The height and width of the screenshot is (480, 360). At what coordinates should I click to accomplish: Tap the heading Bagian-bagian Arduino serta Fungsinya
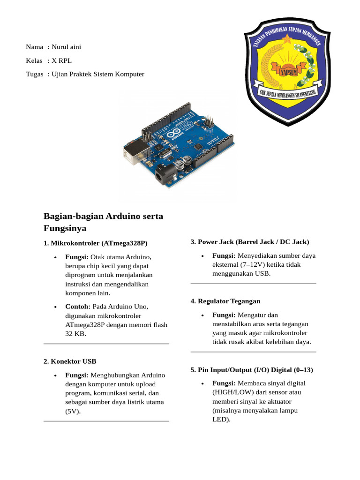pyautogui.click(x=103, y=222)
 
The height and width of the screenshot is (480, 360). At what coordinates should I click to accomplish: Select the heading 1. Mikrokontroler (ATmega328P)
pyautogui.click(x=95, y=243)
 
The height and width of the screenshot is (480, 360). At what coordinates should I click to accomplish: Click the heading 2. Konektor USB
pyautogui.click(x=70, y=361)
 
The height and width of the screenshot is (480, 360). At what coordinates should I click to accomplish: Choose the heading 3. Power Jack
pyautogui.click(x=250, y=242)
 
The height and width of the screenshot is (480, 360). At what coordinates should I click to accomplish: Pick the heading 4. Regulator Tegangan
pyautogui.click(x=225, y=301)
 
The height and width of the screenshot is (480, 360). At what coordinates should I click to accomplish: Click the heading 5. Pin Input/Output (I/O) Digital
pyautogui.click(x=252, y=370)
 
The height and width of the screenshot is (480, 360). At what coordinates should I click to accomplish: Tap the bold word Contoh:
pyautogui.click(x=78, y=307)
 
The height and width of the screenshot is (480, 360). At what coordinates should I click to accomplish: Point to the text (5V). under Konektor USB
pyautogui.click(x=73, y=411)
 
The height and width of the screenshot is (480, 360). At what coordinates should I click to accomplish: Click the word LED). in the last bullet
pyautogui.click(x=221, y=420)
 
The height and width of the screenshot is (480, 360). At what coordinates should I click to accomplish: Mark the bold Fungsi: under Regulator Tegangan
pyautogui.click(x=224, y=315)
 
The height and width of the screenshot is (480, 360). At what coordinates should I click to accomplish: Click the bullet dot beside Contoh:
pyautogui.click(x=56, y=307)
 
